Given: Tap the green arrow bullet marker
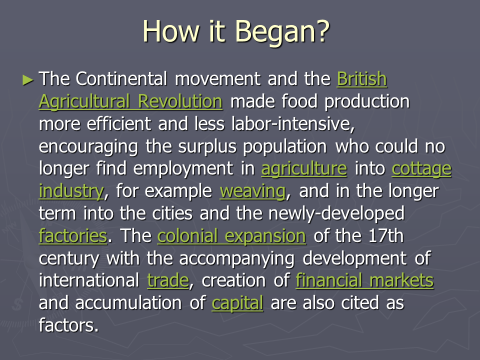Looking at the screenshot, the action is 28,80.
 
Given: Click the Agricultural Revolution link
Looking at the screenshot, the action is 130,101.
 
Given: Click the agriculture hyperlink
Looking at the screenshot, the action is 304,169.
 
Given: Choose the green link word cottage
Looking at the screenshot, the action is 421,169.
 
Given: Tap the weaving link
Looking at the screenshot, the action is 252,191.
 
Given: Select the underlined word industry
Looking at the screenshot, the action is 71,191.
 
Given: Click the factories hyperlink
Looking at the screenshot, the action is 73,235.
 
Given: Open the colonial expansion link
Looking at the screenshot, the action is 231,236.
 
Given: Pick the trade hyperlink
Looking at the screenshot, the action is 168,280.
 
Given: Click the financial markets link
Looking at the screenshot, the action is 364,280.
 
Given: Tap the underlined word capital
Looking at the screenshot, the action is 237,303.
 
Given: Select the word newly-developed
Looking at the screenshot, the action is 336,213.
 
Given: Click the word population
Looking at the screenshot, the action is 285,147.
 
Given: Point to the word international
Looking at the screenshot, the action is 89,280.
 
